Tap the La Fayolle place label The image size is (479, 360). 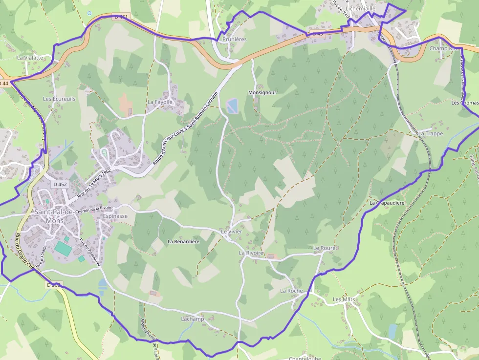click(x=160, y=102)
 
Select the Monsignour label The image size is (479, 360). click(x=262, y=92)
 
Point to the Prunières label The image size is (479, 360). click(x=235, y=39)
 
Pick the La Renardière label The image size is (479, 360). click(x=184, y=241)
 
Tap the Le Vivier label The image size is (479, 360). click(x=231, y=232)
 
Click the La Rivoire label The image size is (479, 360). click(x=251, y=253)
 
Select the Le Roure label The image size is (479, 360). click(x=325, y=248)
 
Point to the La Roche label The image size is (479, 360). click(x=291, y=291)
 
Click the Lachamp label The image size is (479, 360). click(x=192, y=319)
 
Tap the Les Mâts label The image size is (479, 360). click(x=344, y=299)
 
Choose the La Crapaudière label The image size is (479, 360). click(x=387, y=203)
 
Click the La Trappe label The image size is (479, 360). click(x=431, y=133)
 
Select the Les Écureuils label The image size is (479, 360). click(x=59, y=99)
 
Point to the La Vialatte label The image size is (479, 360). click(x=30, y=57)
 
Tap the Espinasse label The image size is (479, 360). click(x=115, y=216)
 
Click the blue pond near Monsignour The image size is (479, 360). click(x=232, y=105)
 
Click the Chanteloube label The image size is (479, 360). click(x=305, y=358)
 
